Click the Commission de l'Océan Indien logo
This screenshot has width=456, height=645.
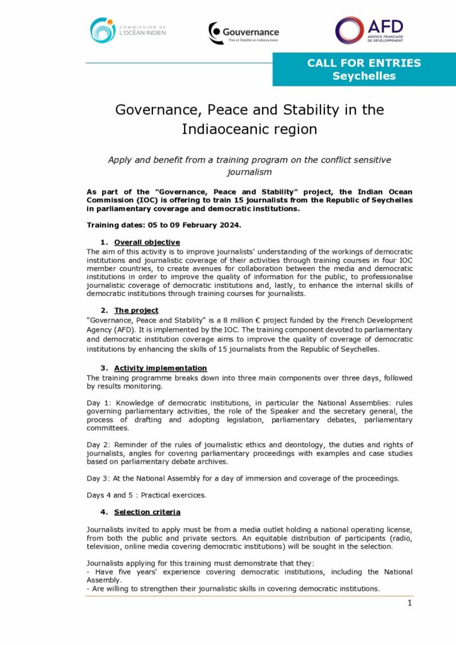[127, 30]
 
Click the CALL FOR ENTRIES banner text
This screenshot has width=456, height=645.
[364, 63]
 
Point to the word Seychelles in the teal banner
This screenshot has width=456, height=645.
[364, 76]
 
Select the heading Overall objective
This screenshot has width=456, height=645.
[147, 243]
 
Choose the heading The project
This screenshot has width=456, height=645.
[136, 311]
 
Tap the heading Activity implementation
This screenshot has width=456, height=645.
[160, 368]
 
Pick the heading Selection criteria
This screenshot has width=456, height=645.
[147, 512]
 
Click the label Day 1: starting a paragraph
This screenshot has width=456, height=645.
[98, 402]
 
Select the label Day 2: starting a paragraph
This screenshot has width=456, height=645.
[98, 445]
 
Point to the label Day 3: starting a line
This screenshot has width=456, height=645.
[98, 478]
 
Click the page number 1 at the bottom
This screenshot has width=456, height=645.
[409, 603]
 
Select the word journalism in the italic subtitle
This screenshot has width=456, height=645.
[249, 171]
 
